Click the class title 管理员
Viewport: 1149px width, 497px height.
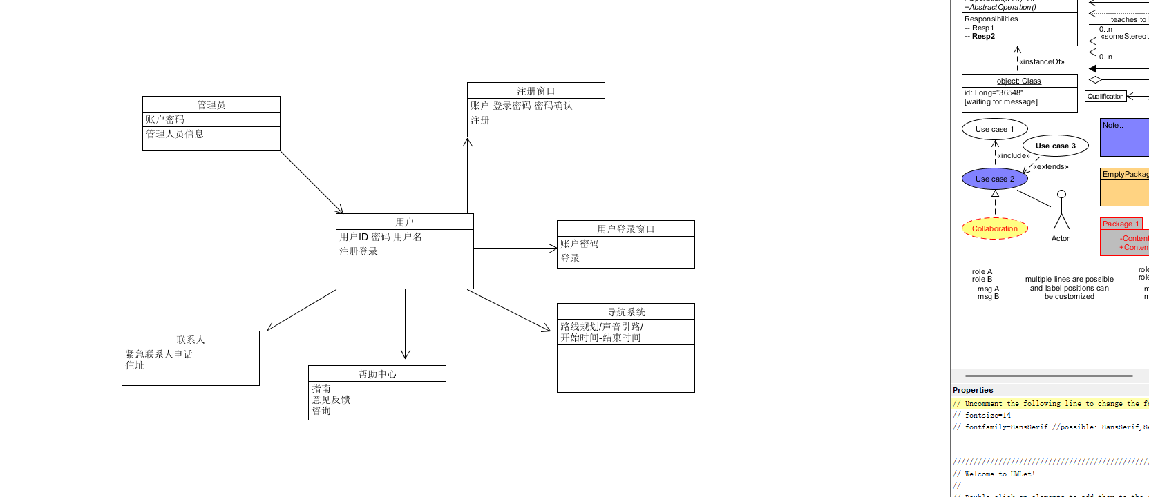tap(211, 105)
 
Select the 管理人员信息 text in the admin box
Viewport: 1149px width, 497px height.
tap(175, 134)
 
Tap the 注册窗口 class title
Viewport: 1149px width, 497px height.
tap(536, 91)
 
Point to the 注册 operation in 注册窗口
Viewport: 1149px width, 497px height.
tap(480, 120)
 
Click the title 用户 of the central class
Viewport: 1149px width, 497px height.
tap(405, 222)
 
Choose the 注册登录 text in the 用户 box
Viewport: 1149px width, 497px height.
tap(359, 251)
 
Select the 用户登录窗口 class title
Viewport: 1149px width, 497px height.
tap(626, 229)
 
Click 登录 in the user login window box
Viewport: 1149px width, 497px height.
tap(570, 258)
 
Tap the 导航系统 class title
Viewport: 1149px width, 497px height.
tap(626, 312)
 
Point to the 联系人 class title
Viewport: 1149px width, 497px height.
tap(191, 340)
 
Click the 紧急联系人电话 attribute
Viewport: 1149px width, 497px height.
tap(159, 354)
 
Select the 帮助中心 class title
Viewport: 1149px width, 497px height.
tap(377, 374)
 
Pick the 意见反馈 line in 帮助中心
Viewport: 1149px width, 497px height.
tap(331, 400)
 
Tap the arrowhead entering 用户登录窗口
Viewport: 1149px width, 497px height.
tap(552, 248)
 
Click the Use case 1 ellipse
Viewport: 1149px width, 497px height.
tap(995, 129)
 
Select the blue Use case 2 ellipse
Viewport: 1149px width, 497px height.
tap(995, 179)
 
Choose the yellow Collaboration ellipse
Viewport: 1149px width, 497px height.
tap(995, 228)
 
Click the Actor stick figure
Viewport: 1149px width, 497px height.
tap(1061, 211)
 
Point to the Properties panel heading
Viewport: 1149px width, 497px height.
tap(973, 390)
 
